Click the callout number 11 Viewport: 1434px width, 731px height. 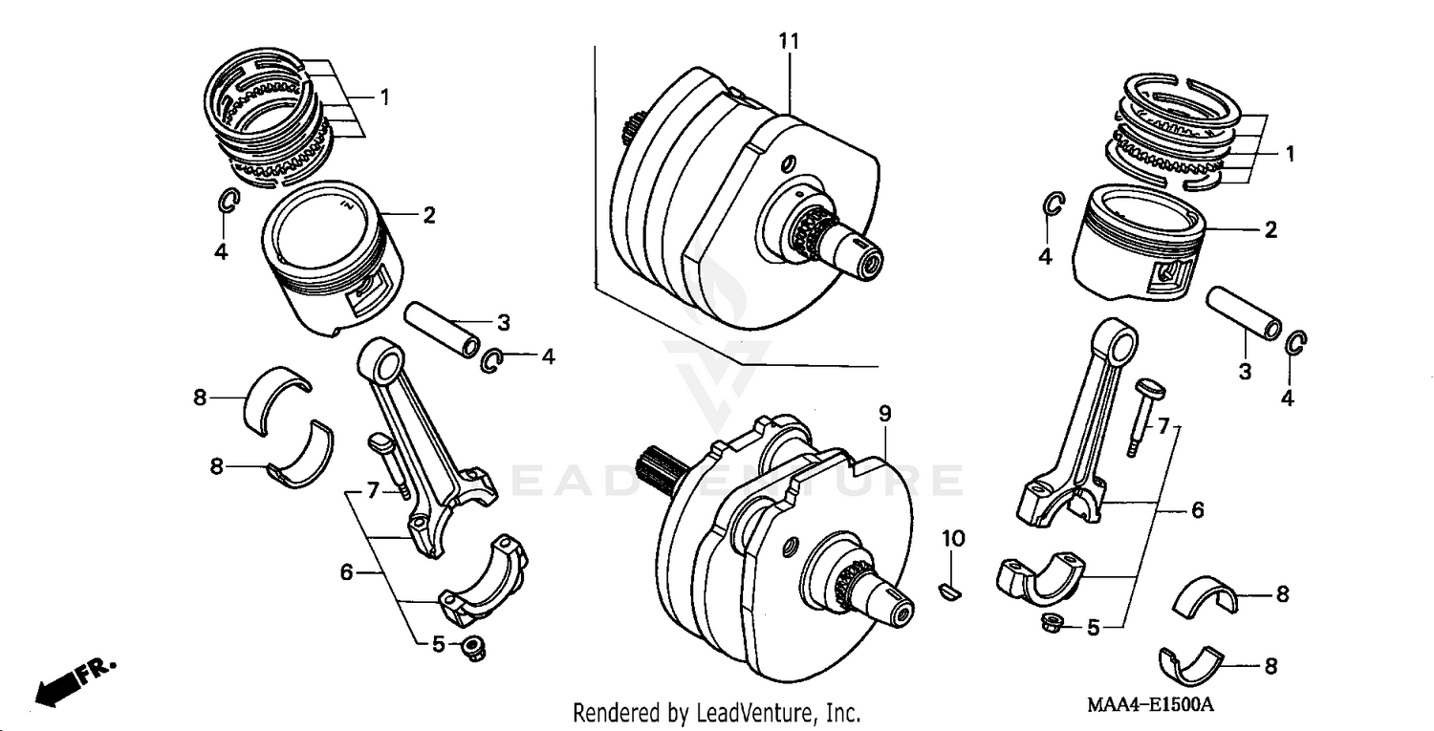point(789,41)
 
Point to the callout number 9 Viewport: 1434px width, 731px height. point(884,414)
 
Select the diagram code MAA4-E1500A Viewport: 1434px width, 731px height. point(1149,705)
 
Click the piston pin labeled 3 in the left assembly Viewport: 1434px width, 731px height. point(443,330)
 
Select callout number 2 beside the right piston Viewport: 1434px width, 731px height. point(1271,229)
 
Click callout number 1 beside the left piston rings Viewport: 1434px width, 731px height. point(383,97)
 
